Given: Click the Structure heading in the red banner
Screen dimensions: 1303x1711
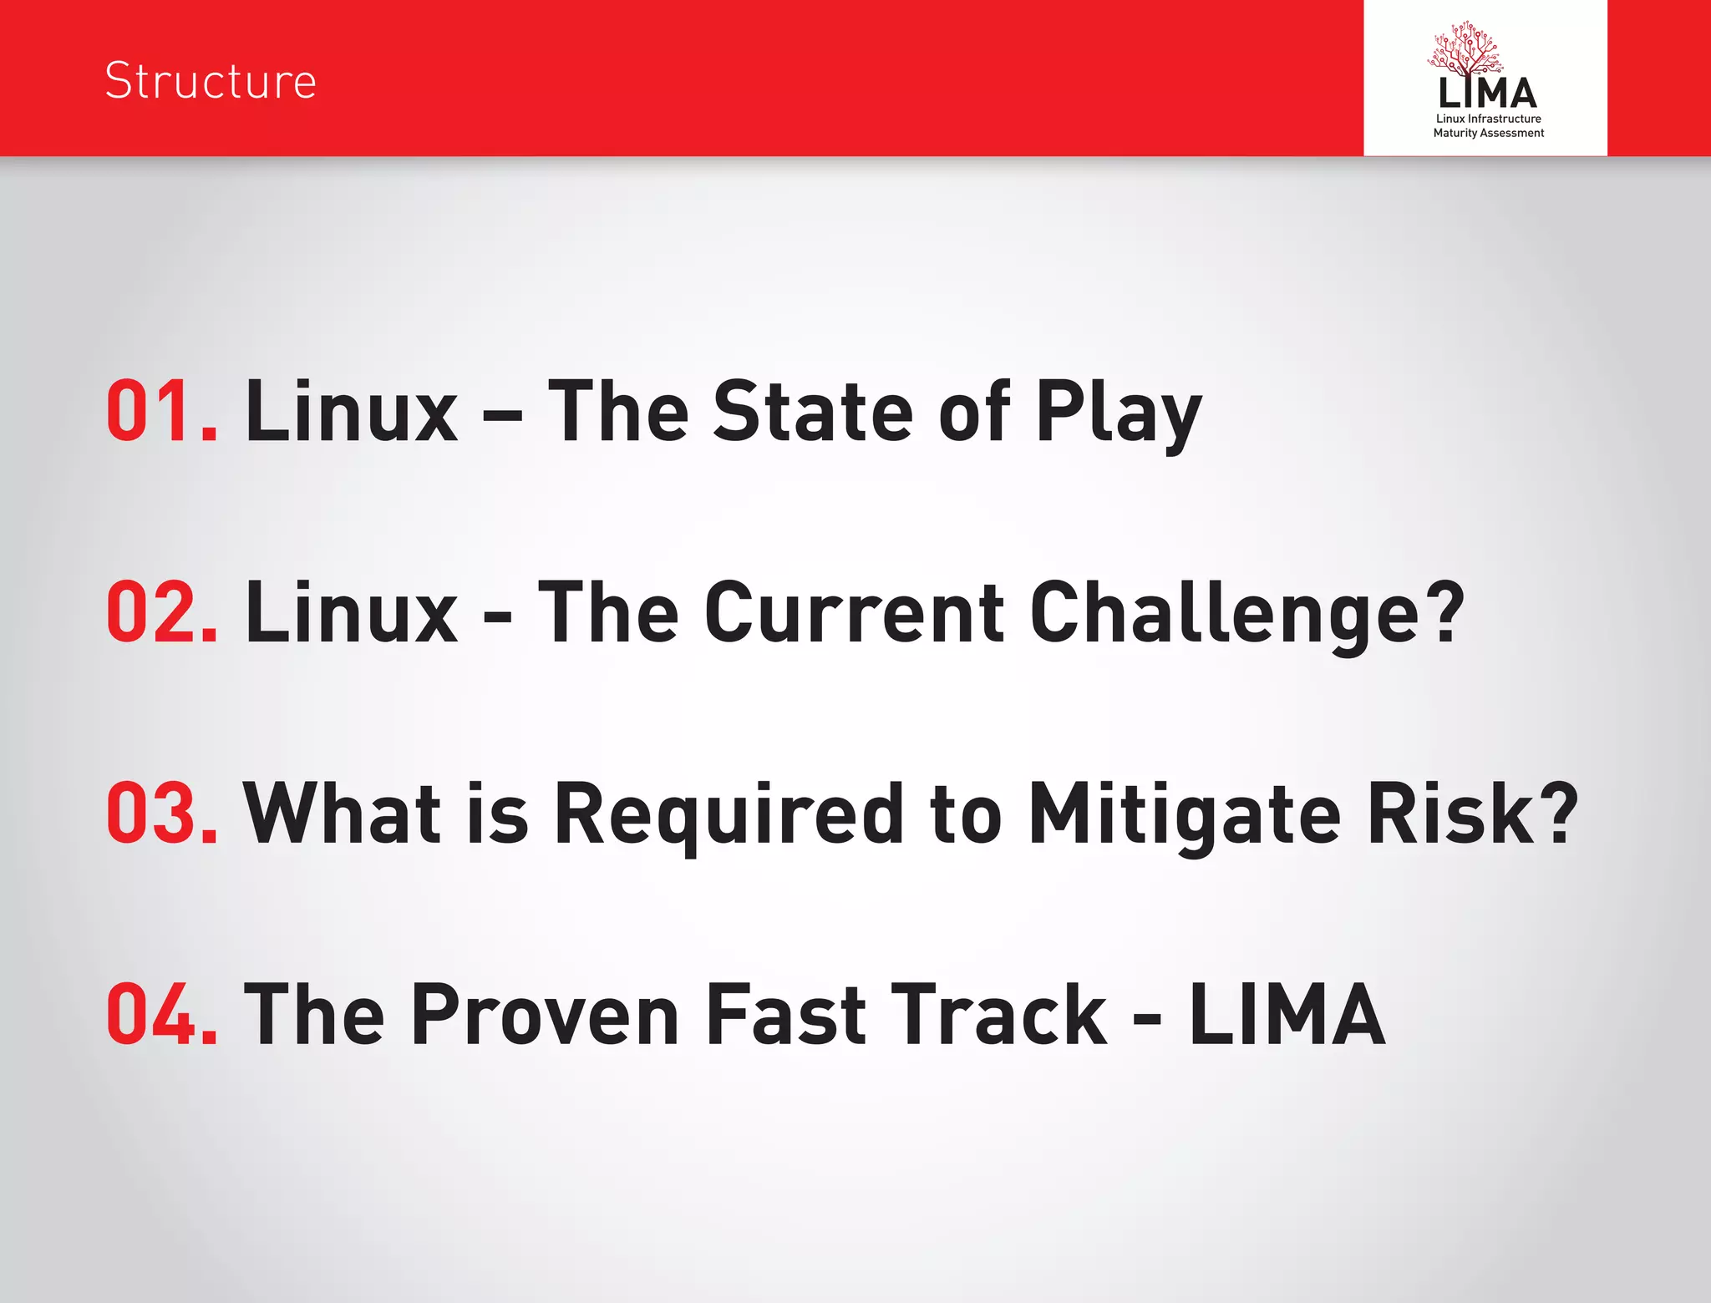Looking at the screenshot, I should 211,81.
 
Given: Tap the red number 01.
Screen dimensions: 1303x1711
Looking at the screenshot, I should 162,411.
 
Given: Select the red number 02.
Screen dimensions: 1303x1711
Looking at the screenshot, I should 162,612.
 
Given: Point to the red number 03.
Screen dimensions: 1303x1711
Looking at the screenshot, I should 162,813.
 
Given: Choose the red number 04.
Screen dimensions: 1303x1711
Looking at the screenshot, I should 162,1014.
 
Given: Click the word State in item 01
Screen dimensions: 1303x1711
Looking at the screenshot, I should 812,411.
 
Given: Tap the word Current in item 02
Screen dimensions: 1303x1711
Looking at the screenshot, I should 854,612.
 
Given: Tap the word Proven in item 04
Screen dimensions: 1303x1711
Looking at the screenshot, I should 545,1014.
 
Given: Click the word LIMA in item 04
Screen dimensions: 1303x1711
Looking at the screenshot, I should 1287,1014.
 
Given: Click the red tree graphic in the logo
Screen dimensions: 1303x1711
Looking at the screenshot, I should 1466,50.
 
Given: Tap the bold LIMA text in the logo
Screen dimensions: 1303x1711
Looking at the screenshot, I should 1487,94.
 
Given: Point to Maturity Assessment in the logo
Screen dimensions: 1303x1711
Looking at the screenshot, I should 1488,133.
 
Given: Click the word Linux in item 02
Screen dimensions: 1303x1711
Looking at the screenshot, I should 351,612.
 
